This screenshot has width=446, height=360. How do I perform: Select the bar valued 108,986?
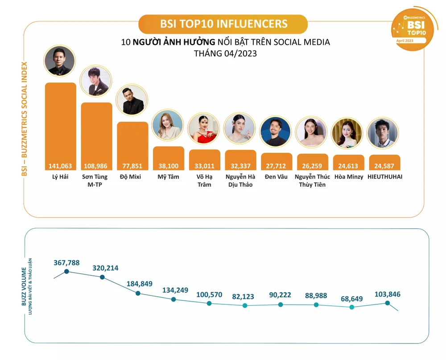(x=96, y=134)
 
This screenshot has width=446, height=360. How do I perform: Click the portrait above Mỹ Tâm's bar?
(x=168, y=126)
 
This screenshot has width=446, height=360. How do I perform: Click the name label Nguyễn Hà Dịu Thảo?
(x=240, y=180)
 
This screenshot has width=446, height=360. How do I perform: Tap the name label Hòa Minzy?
(x=348, y=177)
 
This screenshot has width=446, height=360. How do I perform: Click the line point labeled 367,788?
(x=66, y=271)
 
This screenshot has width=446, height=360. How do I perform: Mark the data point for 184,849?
(x=138, y=294)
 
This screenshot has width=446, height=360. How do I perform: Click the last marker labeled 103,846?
(x=388, y=303)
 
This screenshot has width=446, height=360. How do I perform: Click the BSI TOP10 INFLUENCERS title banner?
(x=223, y=24)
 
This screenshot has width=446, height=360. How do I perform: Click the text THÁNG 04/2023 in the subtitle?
(x=225, y=53)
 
